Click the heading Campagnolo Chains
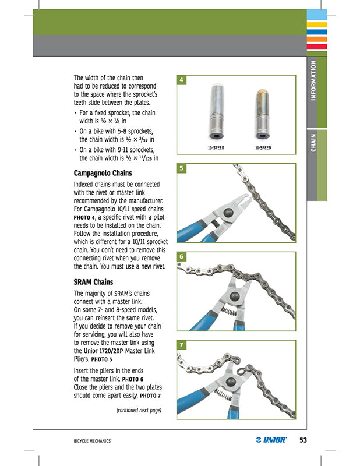point(103,173)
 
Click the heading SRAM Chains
point(93,282)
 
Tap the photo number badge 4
point(182,80)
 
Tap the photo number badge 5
point(182,168)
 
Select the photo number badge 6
point(182,257)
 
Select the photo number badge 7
point(182,345)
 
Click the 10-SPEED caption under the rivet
point(216,148)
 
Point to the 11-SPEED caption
point(263,148)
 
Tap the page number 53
point(303,440)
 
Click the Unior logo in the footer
point(271,440)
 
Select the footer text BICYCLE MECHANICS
point(88,440)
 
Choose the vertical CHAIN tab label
point(313,143)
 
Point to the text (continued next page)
point(139,410)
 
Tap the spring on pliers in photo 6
point(230,313)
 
